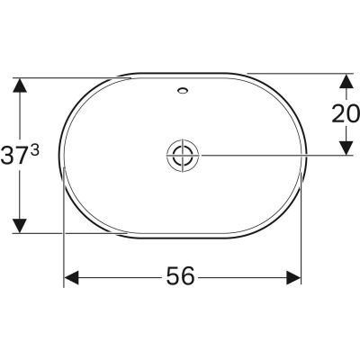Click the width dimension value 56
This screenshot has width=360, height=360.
[x=181, y=277]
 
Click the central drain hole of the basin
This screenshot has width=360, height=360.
[x=181, y=155]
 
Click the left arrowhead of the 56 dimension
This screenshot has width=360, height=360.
[x=70, y=277]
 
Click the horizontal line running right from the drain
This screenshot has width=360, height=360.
[x=270, y=155]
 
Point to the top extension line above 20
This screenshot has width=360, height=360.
[x=297, y=73]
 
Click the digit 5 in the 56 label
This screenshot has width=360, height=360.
[x=170, y=277]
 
